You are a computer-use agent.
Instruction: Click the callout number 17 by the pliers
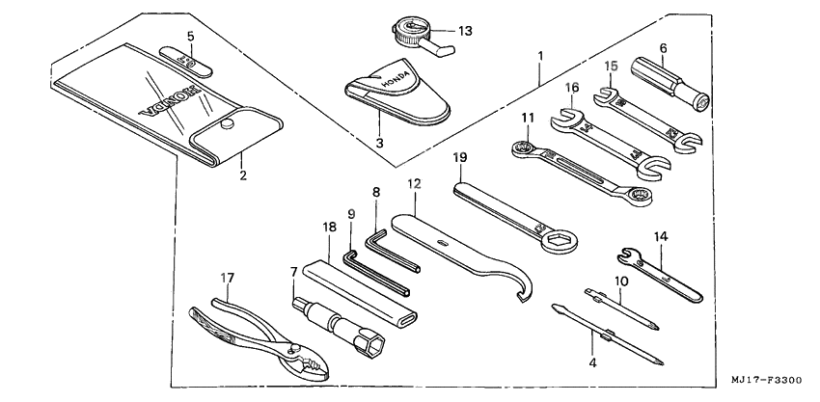(228, 279)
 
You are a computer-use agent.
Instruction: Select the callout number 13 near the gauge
(465, 31)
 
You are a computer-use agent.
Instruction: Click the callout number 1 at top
(540, 55)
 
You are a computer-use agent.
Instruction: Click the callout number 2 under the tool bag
(242, 175)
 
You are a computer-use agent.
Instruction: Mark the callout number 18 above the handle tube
(331, 228)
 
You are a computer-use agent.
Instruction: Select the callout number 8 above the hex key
(375, 193)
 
